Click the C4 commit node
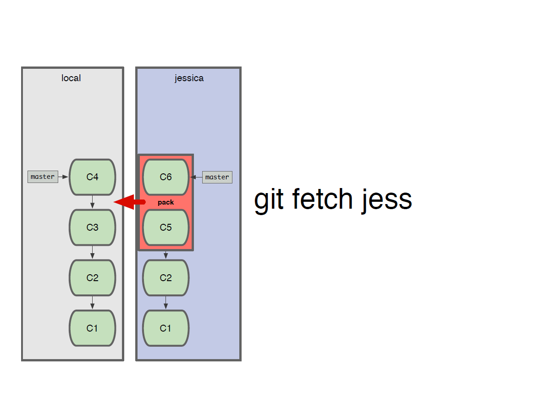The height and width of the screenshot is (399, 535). click(93, 177)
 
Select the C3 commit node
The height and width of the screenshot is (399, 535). click(93, 227)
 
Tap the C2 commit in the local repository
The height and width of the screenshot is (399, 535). click(93, 278)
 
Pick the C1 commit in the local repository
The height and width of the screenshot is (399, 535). click(93, 328)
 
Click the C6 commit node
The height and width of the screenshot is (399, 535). click(166, 177)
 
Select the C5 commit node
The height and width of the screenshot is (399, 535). click(166, 227)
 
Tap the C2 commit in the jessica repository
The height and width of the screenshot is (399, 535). click(166, 278)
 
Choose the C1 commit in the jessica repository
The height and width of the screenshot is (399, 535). click(166, 328)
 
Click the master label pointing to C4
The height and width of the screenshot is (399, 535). click(43, 177)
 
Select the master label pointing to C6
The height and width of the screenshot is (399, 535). click(217, 177)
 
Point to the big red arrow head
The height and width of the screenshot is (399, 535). click(124, 202)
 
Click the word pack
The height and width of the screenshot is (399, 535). click(166, 202)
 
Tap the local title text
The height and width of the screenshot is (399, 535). click(71, 78)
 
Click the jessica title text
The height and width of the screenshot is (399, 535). click(189, 78)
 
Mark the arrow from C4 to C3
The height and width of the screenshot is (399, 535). click(93, 202)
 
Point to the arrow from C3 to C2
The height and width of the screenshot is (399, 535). click(93, 253)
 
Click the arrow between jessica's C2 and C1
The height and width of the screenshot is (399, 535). click(166, 303)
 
